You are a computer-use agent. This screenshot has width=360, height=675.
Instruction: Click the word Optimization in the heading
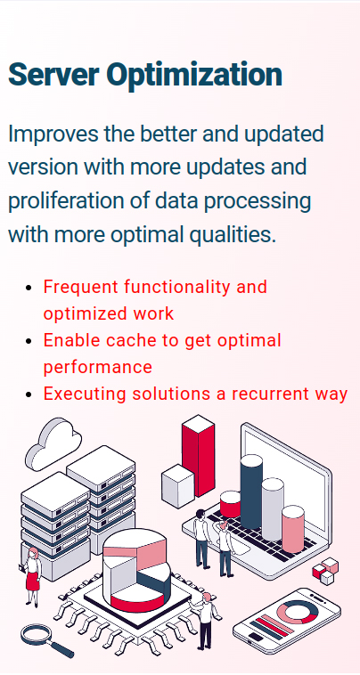point(191,75)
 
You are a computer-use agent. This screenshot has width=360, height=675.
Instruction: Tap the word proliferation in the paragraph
point(67,200)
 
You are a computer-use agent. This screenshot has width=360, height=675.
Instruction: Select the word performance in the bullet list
point(97,367)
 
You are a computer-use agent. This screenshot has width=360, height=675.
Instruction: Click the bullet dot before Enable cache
point(30,341)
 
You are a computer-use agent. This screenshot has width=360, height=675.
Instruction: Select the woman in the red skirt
point(33,574)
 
